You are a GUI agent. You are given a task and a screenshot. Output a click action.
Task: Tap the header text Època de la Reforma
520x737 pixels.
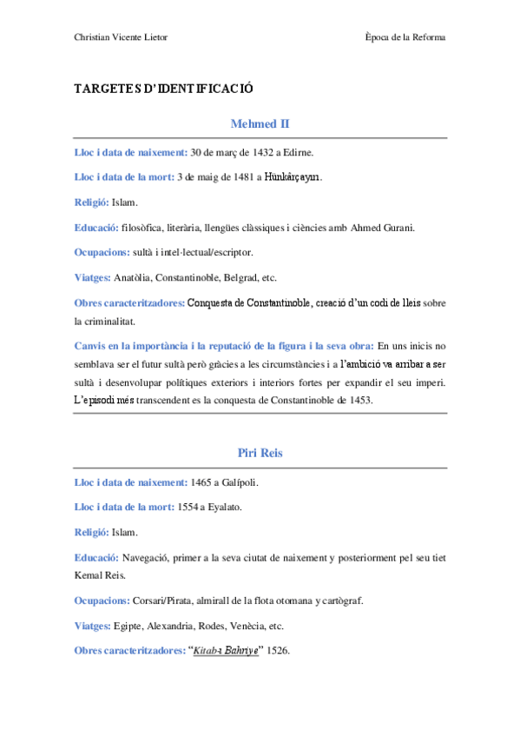[406, 37]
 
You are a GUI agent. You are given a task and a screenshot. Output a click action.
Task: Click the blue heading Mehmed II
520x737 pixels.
[260, 124]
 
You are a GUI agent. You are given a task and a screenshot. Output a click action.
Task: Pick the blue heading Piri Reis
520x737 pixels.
[260, 453]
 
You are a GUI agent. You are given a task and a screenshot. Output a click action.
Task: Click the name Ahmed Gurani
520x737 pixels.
[383, 228]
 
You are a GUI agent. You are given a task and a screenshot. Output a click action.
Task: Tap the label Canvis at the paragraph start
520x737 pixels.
[92, 346]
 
